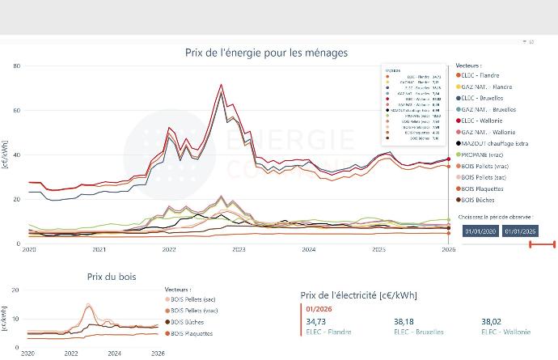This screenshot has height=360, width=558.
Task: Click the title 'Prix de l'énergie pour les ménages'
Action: [x=266, y=53]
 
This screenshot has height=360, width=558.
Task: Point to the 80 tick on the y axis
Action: [x=17, y=66]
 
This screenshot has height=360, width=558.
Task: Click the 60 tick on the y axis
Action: [x=17, y=110]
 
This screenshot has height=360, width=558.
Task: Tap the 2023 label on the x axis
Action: [x=239, y=250]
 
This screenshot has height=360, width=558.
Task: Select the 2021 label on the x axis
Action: [x=99, y=250]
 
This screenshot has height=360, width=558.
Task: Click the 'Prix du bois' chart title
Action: [x=111, y=277]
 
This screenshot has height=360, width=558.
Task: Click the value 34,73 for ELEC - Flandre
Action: [x=315, y=321]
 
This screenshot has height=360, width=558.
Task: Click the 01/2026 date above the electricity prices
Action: [x=315, y=309]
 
